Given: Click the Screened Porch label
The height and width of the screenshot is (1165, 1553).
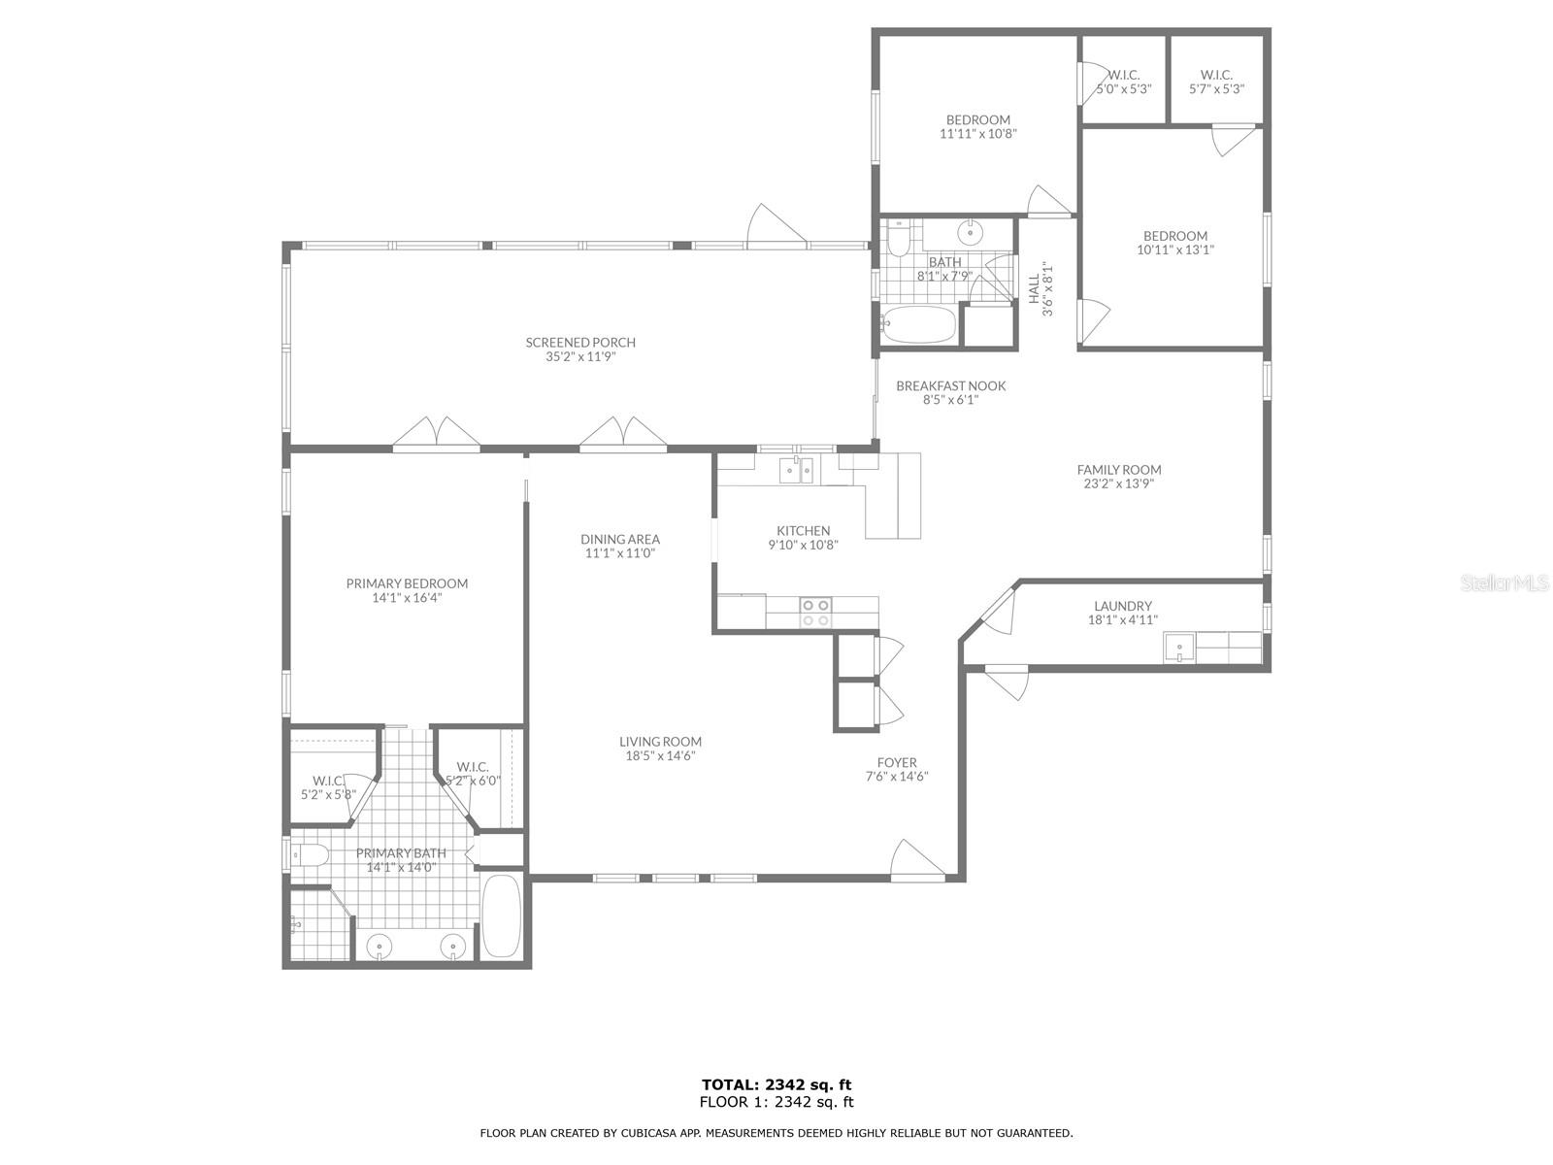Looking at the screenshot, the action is [580, 343].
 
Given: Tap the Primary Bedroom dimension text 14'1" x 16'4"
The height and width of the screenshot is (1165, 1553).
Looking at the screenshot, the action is [407, 598].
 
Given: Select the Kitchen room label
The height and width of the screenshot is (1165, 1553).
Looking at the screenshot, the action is [803, 530].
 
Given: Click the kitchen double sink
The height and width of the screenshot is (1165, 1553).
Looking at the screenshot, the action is [796, 471].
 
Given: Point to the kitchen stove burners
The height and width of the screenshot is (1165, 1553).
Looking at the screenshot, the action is [815, 613].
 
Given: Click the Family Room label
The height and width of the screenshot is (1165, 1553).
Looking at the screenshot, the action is [1118, 470].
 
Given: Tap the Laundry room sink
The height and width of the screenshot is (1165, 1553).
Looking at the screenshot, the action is [1178, 648].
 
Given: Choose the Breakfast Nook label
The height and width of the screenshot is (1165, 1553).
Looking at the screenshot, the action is [951, 385].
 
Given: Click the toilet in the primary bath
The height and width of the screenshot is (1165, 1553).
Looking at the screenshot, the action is [310, 856].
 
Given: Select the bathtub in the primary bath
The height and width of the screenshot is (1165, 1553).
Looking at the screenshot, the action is [501, 916].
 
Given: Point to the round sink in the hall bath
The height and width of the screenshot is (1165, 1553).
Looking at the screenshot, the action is [970, 231].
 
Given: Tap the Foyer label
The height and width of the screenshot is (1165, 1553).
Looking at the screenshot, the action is [897, 762].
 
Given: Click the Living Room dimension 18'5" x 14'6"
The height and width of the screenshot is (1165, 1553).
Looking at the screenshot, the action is [660, 755].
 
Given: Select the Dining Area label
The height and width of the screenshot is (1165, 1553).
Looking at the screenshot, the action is [620, 539].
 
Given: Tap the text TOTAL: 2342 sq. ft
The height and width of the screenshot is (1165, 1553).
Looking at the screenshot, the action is [776, 1084].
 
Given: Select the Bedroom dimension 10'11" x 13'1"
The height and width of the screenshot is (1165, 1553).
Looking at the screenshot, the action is [1175, 250].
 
